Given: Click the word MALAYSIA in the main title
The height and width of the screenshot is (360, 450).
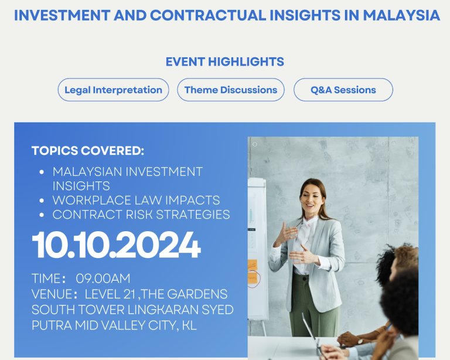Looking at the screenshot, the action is (x=401, y=15).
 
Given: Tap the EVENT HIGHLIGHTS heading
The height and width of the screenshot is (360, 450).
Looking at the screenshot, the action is (x=225, y=62).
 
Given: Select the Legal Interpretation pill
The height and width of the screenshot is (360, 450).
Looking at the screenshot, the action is (x=113, y=90).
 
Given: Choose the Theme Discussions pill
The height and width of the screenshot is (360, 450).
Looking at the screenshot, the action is (x=231, y=90).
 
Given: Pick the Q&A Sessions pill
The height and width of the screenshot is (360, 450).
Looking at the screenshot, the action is (x=343, y=90).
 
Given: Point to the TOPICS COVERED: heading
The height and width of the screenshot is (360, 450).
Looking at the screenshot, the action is (x=88, y=151).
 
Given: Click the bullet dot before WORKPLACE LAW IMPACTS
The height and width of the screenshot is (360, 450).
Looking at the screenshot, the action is (x=42, y=201).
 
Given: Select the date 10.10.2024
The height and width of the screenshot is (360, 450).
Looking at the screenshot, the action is (x=116, y=245).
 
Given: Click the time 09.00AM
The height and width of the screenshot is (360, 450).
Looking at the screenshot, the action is (x=103, y=279).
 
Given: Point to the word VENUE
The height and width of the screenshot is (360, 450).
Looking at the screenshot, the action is (x=52, y=294).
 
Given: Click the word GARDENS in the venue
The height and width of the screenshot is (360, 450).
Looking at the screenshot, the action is (x=197, y=294).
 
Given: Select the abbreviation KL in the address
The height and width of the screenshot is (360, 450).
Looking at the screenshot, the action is (x=189, y=325).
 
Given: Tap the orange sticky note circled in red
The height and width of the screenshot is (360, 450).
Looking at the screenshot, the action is (x=253, y=278).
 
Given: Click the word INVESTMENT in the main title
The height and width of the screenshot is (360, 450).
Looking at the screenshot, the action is (x=62, y=15).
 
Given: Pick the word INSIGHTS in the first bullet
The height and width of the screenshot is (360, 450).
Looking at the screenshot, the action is (x=81, y=186).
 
